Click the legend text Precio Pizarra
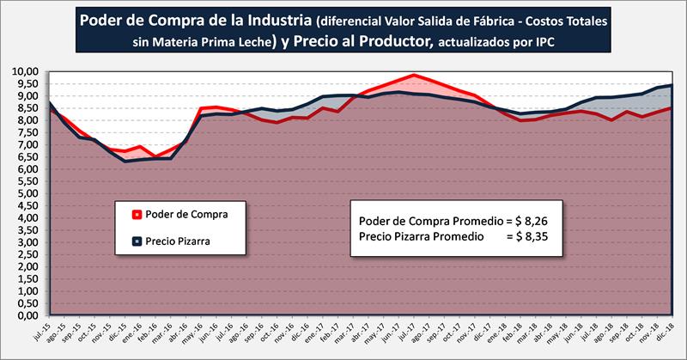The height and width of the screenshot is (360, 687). click(177, 241)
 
